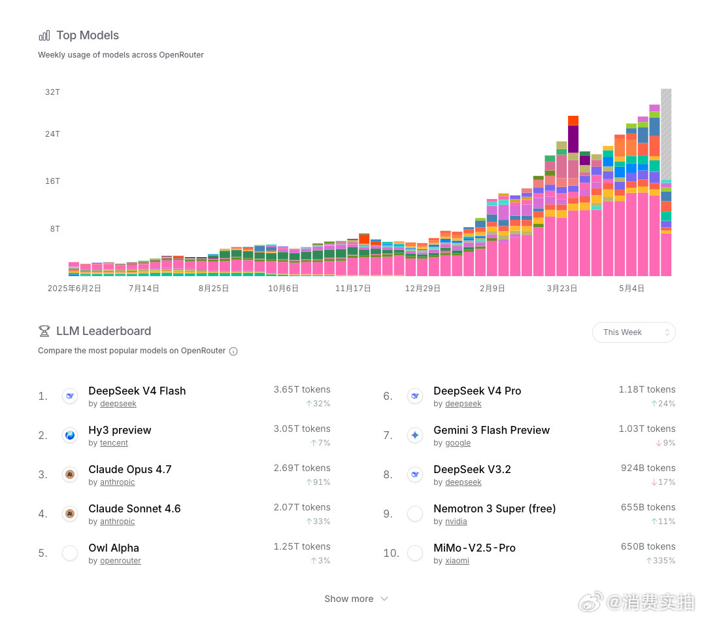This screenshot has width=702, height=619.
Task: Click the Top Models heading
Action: point(88,35)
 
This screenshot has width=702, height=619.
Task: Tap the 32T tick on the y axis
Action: point(52,92)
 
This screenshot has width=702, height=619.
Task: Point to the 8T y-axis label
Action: point(55,228)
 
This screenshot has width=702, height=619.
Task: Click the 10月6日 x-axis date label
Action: point(283,288)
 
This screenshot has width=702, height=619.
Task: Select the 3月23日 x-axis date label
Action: point(562,288)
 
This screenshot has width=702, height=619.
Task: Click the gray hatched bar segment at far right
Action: point(666,134)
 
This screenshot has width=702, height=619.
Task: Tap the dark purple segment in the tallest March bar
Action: point(573,139)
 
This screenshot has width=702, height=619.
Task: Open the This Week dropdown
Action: point(633,332)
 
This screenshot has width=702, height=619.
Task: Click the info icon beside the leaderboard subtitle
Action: point(233,351)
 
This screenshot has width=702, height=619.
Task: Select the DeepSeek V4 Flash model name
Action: point(137,391)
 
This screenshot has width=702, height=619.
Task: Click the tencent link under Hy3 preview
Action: point(114,443)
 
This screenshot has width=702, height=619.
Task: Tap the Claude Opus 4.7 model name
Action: point(130,469)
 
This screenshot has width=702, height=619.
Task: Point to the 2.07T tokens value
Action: point(302,507)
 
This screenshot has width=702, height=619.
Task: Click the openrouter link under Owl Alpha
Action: point(120,561)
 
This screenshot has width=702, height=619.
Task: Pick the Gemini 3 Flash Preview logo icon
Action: point(415,434)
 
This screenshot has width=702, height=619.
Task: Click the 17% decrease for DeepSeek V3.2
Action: point(663,482)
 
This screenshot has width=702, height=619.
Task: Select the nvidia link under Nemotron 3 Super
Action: point(456,522)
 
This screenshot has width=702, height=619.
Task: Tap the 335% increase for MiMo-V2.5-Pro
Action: point(661,561)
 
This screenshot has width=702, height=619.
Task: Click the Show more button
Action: point(356,599)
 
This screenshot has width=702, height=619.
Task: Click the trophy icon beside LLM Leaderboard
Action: point(44,331)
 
